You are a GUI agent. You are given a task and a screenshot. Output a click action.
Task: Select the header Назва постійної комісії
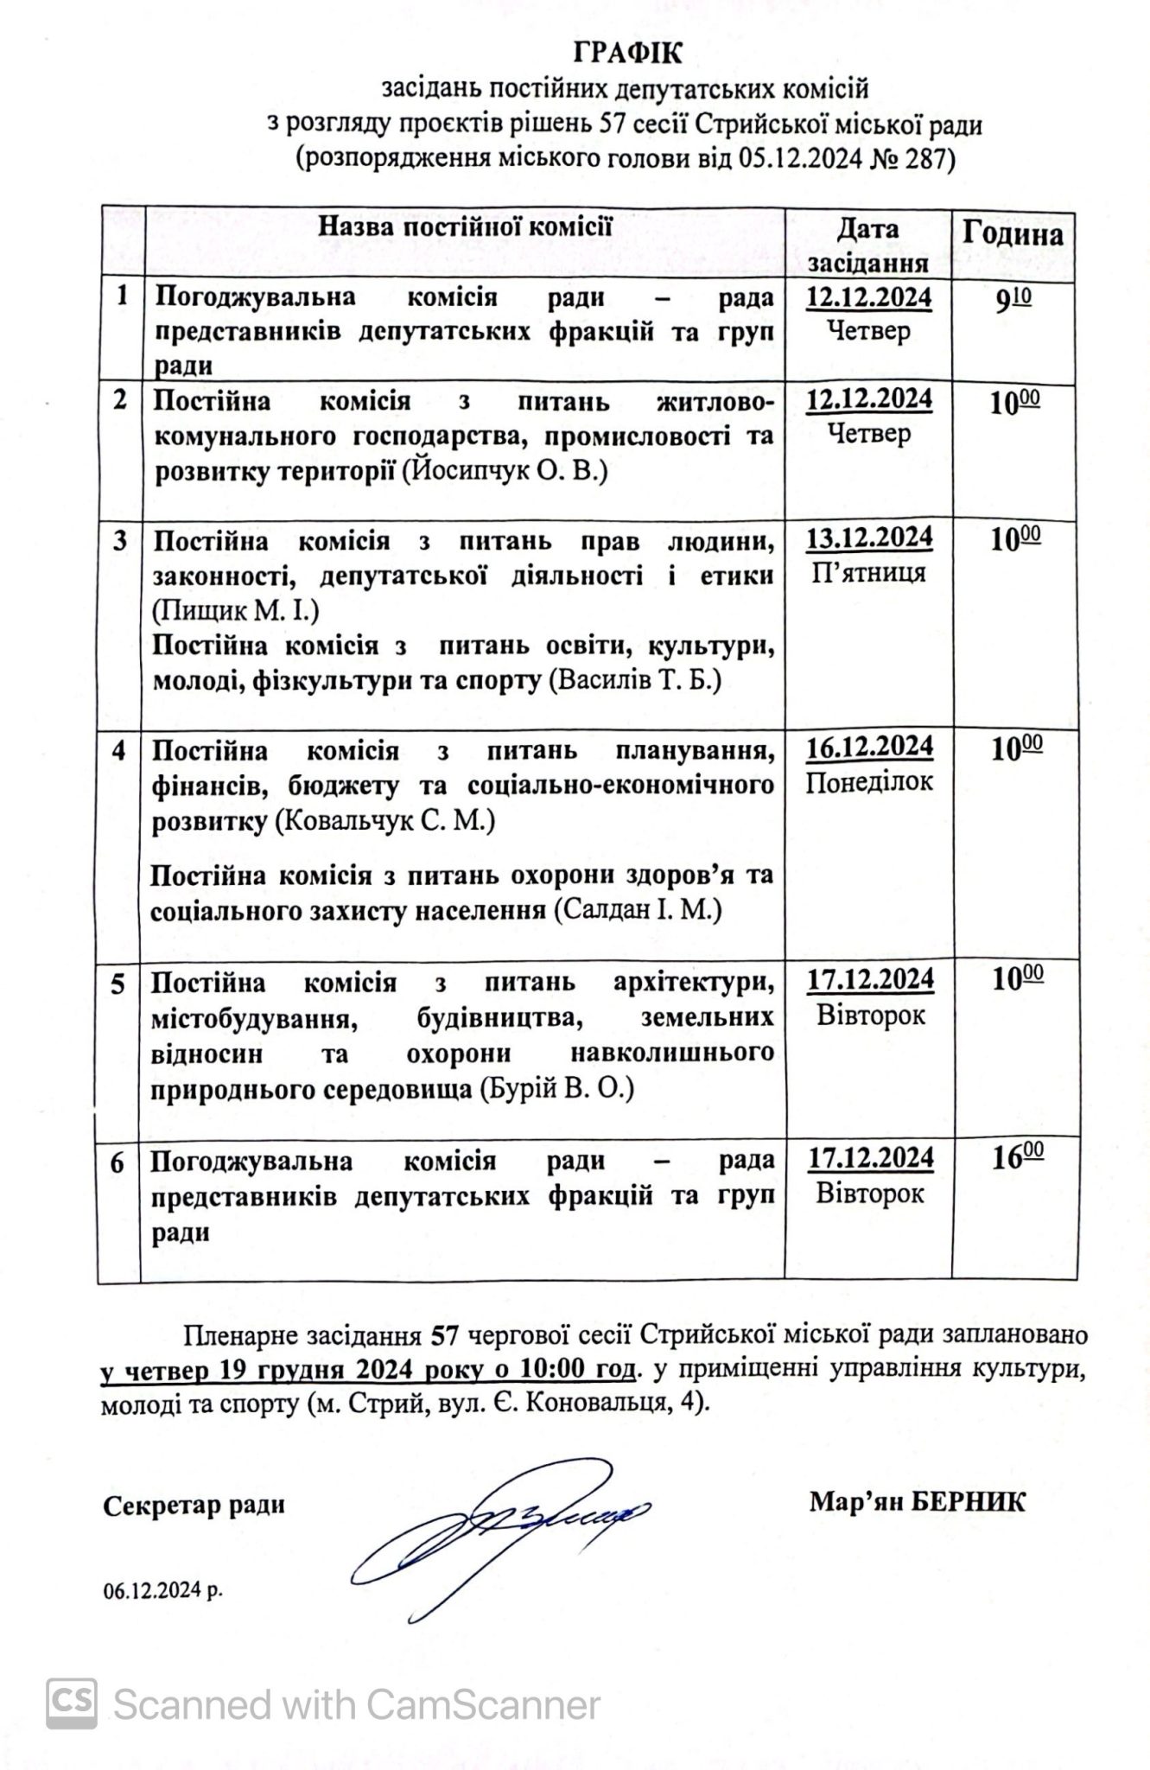click(466, 227)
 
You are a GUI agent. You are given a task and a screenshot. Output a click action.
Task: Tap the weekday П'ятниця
click(869, 573)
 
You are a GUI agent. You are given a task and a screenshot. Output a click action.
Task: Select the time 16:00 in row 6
click(1016, 1158)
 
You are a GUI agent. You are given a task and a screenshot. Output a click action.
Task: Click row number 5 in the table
click(118, 984)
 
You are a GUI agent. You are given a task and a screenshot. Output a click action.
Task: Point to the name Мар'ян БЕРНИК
click(917, 1502)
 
